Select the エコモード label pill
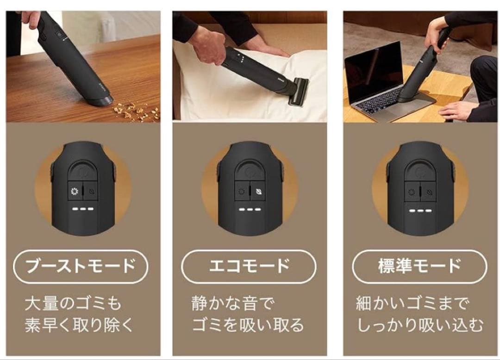[x=249, y=266]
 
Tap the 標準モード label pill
[x=419, y=266]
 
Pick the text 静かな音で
[x=233, y=304]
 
